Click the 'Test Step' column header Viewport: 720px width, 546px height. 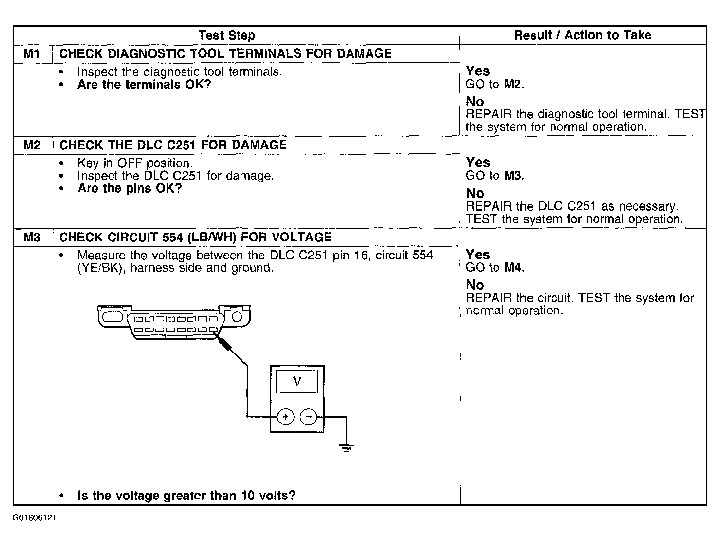(x=226, y=35)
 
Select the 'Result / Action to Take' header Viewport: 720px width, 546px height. (x=582, y=35)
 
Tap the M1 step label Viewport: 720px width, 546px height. (x=32, y=54)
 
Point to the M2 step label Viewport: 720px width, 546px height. (x=32, y=146)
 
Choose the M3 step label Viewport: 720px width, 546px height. (x=32, y=237)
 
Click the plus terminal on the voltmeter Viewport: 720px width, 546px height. (x=286, y=417)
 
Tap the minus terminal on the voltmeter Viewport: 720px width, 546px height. (x=308, y=417)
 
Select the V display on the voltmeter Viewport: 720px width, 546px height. (x=297, y=382)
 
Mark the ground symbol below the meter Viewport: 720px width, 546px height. (x=346, y=448)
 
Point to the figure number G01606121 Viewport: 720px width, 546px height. (x=34, y=518)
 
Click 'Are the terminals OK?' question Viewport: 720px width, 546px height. (x=144, y=85)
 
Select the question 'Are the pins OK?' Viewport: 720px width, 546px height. (x=130, y=188)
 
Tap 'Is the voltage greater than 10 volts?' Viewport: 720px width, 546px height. (x=187, y=496)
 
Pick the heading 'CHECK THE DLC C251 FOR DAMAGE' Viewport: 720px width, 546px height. (x=172, y=145)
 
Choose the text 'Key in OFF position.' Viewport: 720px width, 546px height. (x=135, y=163)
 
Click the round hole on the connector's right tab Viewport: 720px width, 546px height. (x=237, y=316)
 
